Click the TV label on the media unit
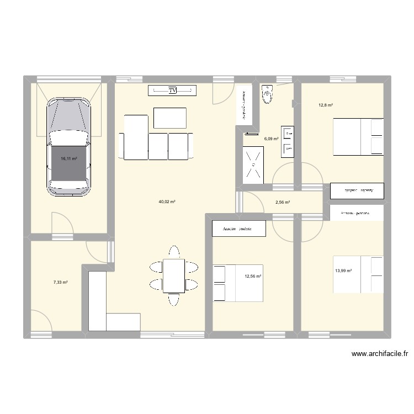click(x=172, y=90)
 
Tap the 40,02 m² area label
click(x=167, y=202)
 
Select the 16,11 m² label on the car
click(x=68, y=159)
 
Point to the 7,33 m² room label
click(x=60, y=282)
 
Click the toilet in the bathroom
click(x=268, y=94)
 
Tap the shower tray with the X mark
click(x=253, y=164)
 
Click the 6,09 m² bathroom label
click(x=271, y=139)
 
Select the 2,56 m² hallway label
click(x=282, y=202)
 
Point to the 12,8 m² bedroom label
click(x=325, y=105)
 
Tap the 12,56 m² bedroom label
click(x=253, y=276)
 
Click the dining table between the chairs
click(x=173, y=276)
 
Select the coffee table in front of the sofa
click(x=169, y=118)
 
